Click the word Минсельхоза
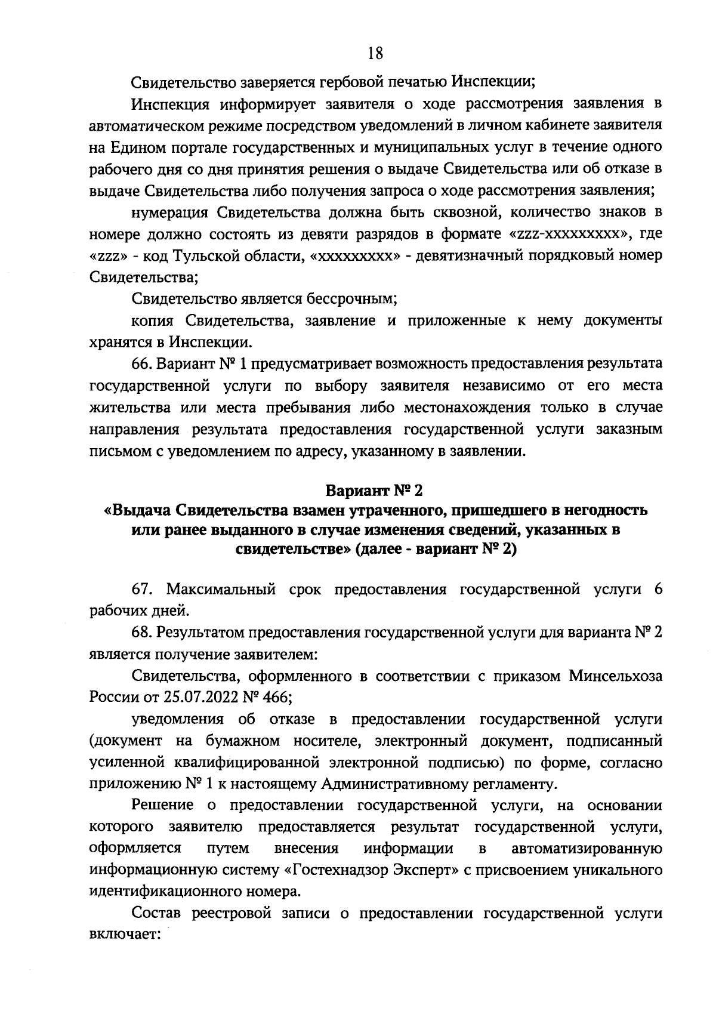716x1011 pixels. (616, 676)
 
